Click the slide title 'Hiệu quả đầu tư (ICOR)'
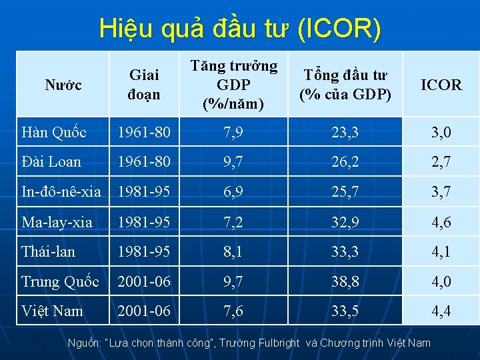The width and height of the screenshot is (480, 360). (x=240, y=29)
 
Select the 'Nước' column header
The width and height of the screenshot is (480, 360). (x=63, y=85)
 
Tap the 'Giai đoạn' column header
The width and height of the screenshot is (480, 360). (x=144, y=85)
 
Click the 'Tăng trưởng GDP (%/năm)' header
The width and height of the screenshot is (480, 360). (x=233, y=85)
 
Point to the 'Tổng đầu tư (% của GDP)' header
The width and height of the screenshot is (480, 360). (x=344, y=85)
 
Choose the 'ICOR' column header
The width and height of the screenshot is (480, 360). (x=441, y=85)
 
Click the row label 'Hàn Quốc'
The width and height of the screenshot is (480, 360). (x=54, y=133)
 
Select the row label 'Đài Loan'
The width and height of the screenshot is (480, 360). (x=51, y=162)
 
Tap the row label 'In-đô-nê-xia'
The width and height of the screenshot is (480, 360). (x=61, y=192)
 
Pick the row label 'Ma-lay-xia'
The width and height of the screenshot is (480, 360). (x=57, y=222)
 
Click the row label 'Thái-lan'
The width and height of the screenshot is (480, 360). (x=49, y=252)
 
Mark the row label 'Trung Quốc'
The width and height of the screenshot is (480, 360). (x=60, y=281)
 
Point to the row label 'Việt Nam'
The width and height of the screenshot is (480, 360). (x=52, y=311)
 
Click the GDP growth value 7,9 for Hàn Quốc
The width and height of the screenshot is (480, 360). (x=233, y=133)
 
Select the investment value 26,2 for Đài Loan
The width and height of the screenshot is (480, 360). (x=344, y=162)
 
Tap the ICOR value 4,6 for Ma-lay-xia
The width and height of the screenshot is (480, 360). (x=441, y=222)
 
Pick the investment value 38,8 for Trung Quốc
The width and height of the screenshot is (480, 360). (x=344, y=281)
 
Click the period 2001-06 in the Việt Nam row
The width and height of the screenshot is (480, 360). (x=144, y=311)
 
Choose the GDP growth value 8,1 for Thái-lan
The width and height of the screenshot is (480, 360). (x=233, y=252)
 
